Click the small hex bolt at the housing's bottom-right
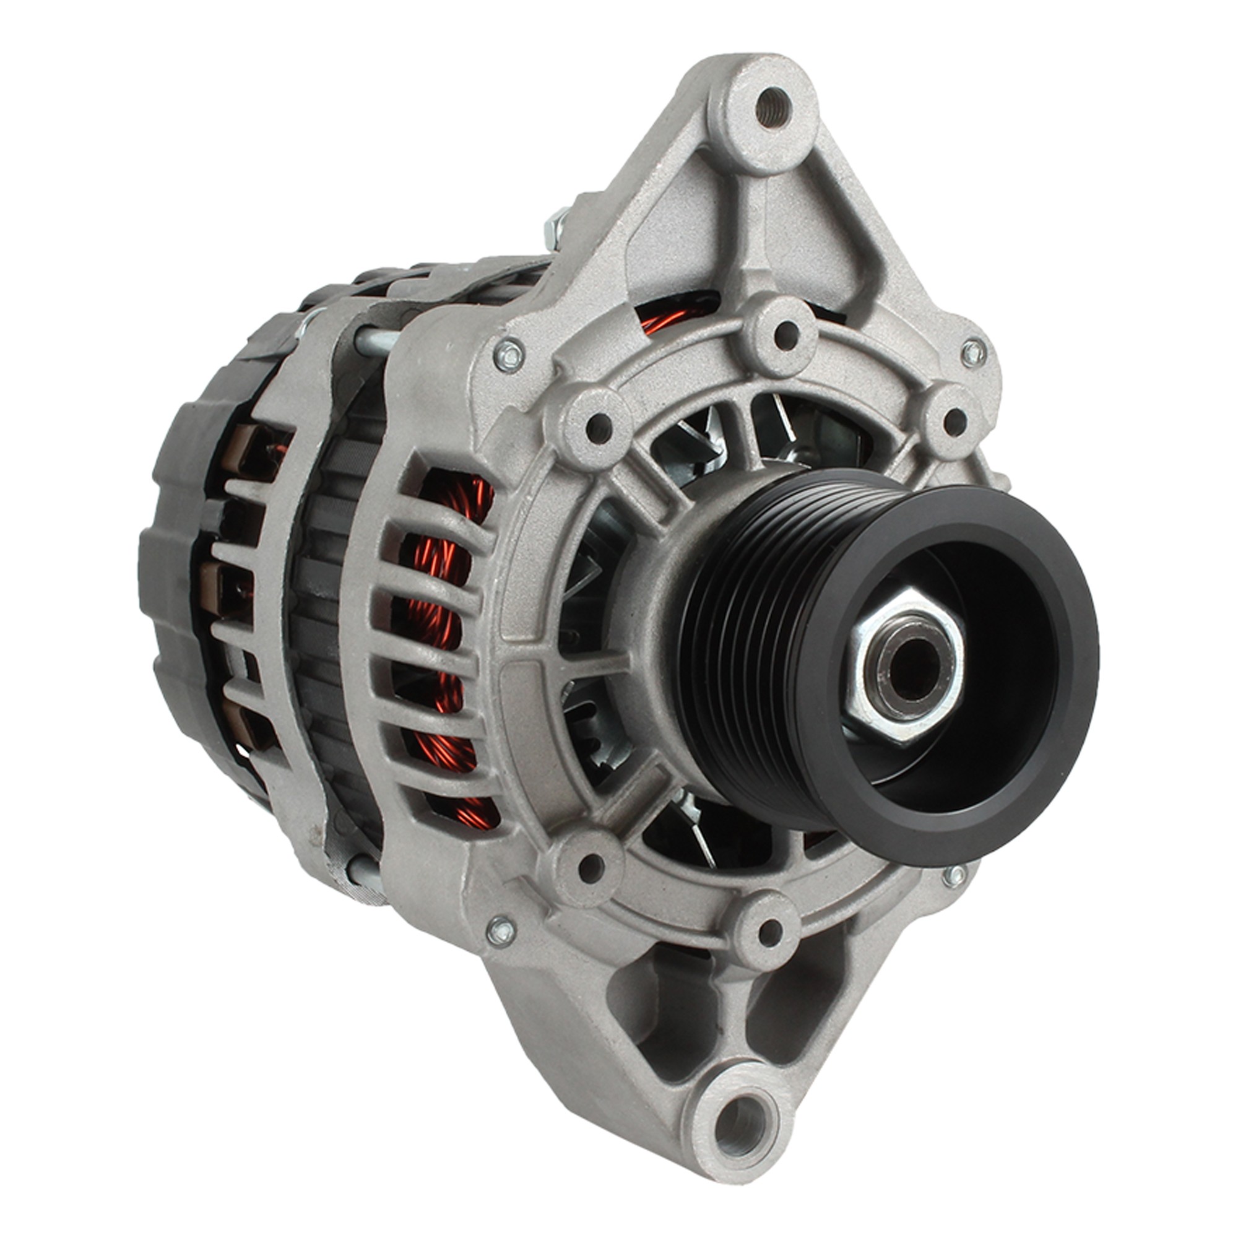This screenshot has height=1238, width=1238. coord(954,873)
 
